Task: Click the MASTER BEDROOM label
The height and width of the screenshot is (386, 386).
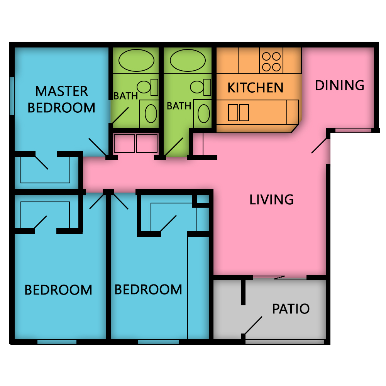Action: tap(61, 100)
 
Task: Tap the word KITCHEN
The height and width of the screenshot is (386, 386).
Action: tap(255, 88)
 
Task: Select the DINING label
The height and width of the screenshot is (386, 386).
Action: tap(339, 85)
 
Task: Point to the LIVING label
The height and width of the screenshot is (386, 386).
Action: tap(271, 200)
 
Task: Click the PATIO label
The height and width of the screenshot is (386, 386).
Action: tap(291, 309)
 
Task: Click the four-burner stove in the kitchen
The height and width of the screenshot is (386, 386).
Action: tap(271, 61)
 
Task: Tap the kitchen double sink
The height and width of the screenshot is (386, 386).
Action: tap(239, 112)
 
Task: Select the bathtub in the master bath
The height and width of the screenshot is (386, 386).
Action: tap(136, 60)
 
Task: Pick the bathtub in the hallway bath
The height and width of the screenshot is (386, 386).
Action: tap(188, 60)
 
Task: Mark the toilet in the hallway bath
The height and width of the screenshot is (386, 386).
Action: tap(201, 87)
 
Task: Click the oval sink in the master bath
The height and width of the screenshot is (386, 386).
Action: tap(151, 113)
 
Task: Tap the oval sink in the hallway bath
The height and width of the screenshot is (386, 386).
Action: tap(204, 113)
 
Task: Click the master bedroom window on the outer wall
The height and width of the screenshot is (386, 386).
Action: tap(12, 96)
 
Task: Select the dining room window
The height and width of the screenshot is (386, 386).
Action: tap(353, 130)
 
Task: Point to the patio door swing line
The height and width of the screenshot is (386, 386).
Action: tap(253, 325)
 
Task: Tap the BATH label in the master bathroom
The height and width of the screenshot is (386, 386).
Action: tap(125, 96)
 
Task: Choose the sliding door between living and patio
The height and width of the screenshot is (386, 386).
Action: tap(279, 278)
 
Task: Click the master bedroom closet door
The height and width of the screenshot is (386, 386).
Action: tap(42, 163)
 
